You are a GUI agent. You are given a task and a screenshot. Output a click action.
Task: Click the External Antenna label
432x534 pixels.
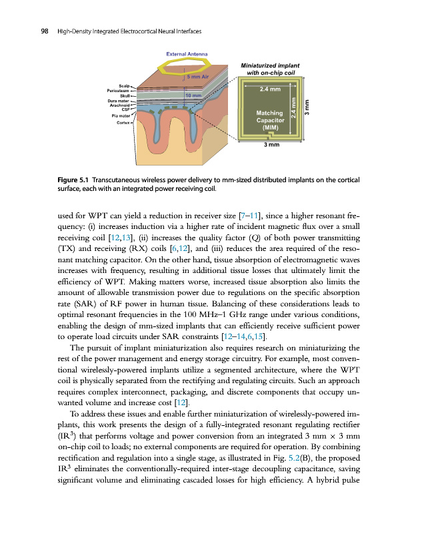tap(186, 53)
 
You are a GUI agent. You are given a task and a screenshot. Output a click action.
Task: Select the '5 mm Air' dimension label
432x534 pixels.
tap(198, 77)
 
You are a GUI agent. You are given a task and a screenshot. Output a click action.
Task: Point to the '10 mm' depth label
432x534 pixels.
tap(193, 95)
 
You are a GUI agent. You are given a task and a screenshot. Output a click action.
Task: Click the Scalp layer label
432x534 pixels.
tap(124, 86)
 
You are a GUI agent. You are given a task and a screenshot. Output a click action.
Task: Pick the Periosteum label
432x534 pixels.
tap(119, 91)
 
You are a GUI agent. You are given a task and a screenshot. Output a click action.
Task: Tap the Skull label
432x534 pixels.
tap(124, 96)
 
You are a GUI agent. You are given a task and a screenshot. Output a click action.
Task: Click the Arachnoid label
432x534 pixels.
tap(120, 105)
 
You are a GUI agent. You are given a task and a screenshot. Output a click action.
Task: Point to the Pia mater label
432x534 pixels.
tap(120, 115)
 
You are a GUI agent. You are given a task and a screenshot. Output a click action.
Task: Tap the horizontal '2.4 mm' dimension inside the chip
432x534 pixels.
tap(270, 89)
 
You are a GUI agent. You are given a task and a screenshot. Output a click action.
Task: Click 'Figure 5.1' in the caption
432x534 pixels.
tap(72, 180)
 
